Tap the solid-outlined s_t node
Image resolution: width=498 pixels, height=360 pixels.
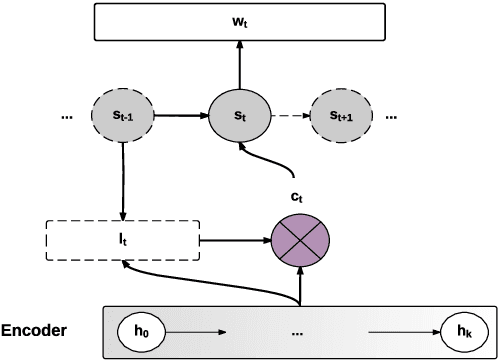(x=238, y=117)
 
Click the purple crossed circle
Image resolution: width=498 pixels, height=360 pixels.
(x=299, y=240)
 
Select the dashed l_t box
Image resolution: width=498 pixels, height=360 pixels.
(x=122, y=240)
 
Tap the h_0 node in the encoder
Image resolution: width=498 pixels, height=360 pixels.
(x=140, y=330)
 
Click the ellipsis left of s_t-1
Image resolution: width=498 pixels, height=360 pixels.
(x=68, y=118)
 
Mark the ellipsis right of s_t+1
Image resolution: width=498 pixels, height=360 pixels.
(x=391, y=118)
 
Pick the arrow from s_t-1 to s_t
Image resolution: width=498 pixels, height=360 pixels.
(x=181, y=117)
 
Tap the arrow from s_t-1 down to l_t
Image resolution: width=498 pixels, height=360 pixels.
(x=123, y=180)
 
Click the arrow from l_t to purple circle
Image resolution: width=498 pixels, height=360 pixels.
(x=234, y=240)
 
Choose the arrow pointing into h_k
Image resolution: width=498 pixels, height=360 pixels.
(x=404, y=330)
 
